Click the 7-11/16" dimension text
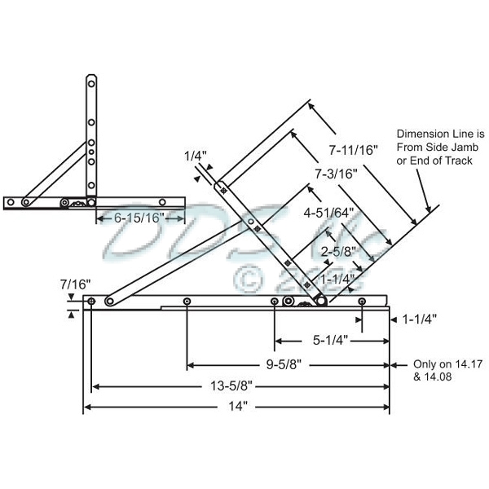click(354, 150)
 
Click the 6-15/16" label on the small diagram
click(139, 218)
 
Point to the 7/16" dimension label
click(74, 285)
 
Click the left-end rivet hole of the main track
click(92, 302)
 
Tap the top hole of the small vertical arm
click(92, 81)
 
